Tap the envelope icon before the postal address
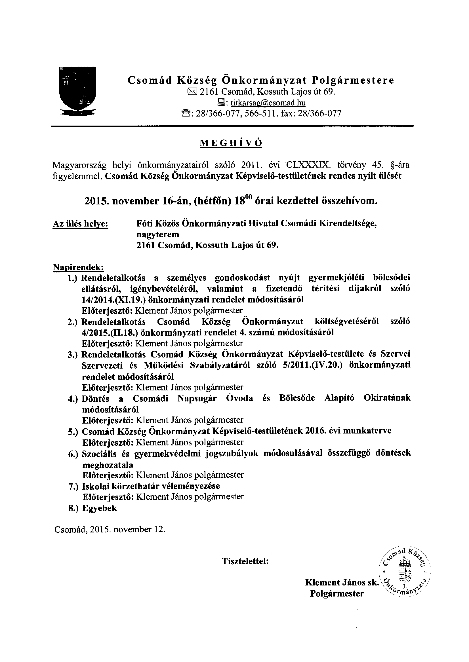tap(192, 92)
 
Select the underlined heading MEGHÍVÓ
tap(231, 143)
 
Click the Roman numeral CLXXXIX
tap(308, 165)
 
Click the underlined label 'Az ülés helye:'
tap(81, 224)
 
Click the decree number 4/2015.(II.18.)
tap(111, 333)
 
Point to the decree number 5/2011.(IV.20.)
tap(305, 365)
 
